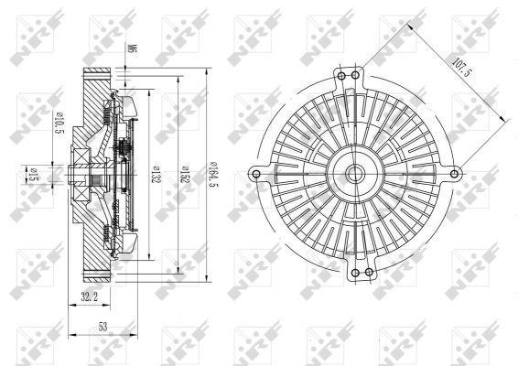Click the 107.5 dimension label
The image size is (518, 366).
click(x=461, y=68)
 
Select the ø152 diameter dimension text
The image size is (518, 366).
click(x=186, y=174)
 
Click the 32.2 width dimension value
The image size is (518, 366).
click(x=89, y=296)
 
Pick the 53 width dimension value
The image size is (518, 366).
click(x=103, y=327)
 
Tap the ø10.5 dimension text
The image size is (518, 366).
click(x=60, y=123)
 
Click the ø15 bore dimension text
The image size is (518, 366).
click(x=34, y=175)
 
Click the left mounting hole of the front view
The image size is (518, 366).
click(x=256, y=174)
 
